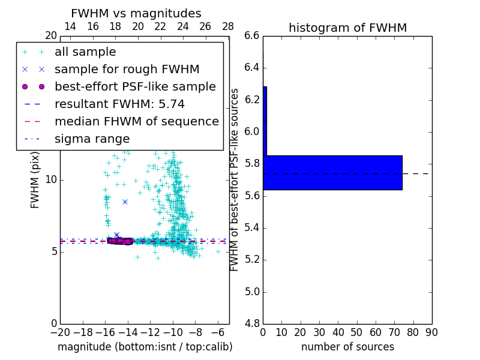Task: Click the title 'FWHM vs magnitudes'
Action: [136, 14]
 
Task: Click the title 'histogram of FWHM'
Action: [347, 28]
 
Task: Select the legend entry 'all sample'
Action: [85, 52]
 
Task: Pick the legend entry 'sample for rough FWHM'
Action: [127, 69]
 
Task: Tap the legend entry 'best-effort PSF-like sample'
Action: [135, 86]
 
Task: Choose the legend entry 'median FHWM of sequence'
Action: [136, 121]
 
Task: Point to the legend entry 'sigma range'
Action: [92, 139]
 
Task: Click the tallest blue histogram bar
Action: [332, 173]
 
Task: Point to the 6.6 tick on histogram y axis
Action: [252, 35]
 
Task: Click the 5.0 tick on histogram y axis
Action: [252, 292]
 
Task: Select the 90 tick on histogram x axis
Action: [431, 332]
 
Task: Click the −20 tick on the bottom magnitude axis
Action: [60, 332]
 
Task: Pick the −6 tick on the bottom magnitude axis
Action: [218, 332]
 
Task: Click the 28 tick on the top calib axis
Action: [228, 26]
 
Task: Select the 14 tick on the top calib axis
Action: [70, 26]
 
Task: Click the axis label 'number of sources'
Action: [347, 347]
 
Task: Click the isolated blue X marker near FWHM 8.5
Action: [125, 202]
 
